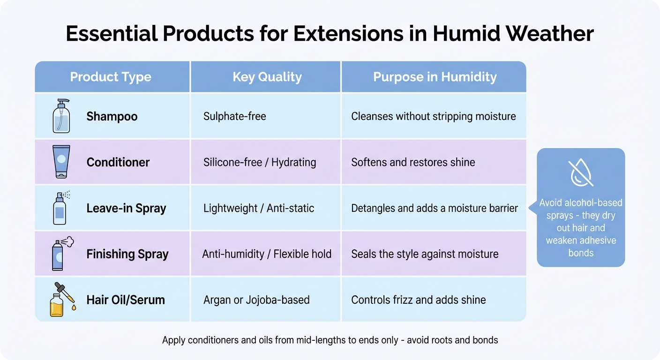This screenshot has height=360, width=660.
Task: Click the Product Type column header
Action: tap(111, 77)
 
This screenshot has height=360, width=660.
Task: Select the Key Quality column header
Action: tap(267, 77)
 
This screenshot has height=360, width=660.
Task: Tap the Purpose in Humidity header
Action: tap(435, 77)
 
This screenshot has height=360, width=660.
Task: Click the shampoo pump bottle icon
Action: tap(61, 116)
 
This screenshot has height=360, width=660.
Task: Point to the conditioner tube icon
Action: tap(61, 162)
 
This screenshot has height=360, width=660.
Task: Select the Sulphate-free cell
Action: tap(234, 116)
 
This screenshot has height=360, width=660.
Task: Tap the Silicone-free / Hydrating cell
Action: tap(259, 162)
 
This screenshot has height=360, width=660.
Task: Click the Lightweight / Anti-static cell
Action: tap(258, 208)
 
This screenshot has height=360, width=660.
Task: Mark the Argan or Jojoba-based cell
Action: tap(256, 300)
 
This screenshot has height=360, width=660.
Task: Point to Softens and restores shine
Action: tap(413, 162)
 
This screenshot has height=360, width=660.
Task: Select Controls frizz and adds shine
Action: tap(418, 300)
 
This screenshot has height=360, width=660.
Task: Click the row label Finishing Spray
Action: tap(127, 254)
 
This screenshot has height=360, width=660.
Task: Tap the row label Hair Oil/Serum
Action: tap(126, 300)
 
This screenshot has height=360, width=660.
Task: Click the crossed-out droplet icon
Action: tap(580, 173)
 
